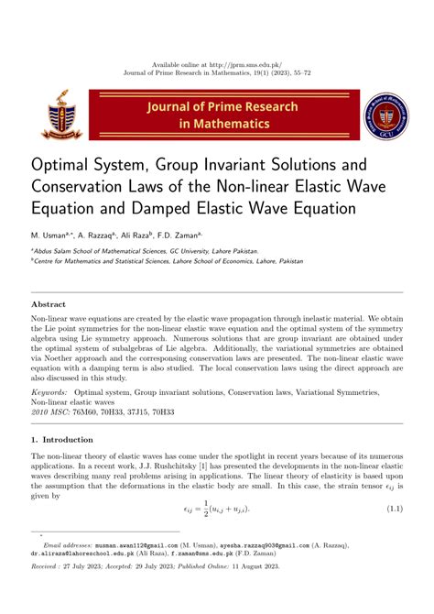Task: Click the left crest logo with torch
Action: [61, 115]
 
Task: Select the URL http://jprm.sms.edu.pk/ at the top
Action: [254, 66]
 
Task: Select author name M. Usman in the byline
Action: [53, 236]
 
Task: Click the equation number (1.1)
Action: [396, 508]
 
